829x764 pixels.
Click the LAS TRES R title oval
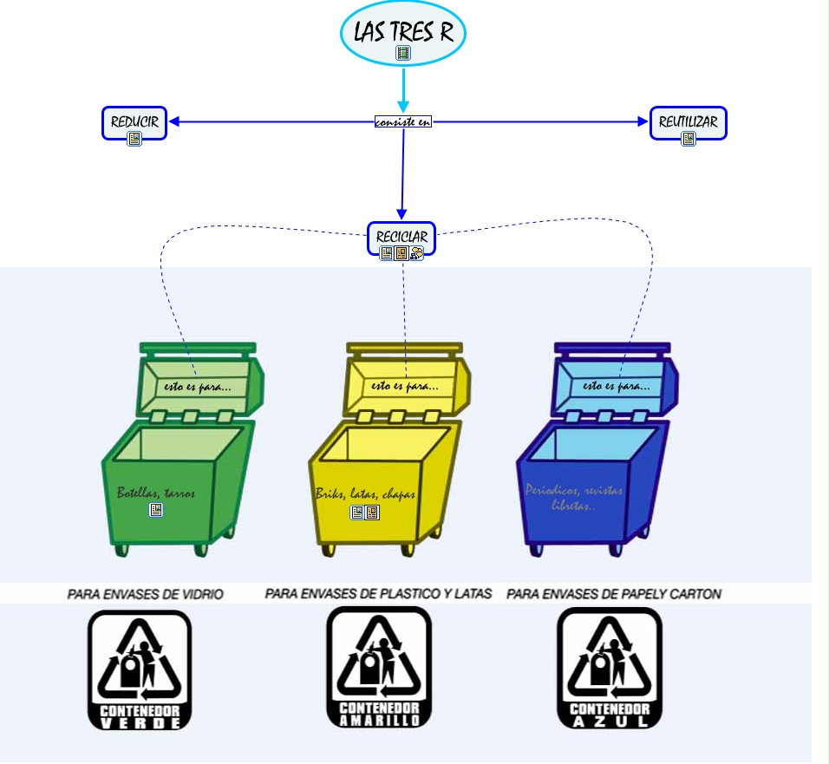point(403,33)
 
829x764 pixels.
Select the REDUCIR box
point(134,123)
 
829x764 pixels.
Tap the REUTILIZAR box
point(688,123)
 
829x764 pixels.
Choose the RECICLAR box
point(401,238)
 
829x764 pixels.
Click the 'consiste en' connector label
point(402,122)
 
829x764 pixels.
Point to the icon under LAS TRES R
point(403,53)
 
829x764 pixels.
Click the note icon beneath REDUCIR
point(134,139)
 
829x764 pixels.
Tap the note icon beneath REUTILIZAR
point(689,139)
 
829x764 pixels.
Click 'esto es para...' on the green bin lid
point(198,386)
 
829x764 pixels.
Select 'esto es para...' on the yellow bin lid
point(404,386)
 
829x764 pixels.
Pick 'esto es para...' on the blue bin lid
point(617,386)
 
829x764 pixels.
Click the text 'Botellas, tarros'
point(156,493)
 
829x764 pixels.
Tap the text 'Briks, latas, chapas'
point(365,494)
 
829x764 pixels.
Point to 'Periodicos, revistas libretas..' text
point(573,497)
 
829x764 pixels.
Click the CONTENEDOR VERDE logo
point(140,669)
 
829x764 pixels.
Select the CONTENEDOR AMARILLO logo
point(379,667)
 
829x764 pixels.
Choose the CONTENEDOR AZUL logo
point(609,668)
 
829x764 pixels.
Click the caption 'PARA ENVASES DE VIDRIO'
point(146,594)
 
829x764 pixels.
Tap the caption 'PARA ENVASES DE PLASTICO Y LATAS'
point(378,594)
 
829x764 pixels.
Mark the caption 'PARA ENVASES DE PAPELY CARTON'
point(614,594)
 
